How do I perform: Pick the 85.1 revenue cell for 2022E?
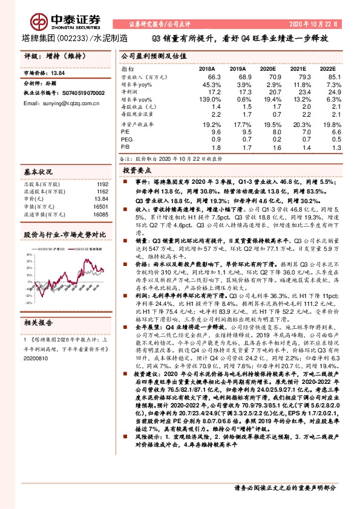click(x=322, y=77)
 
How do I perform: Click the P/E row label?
click(x=126, y=131)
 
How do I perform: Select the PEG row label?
click(x=127, y=138)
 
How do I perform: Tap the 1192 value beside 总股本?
click(x=102, y=184)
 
